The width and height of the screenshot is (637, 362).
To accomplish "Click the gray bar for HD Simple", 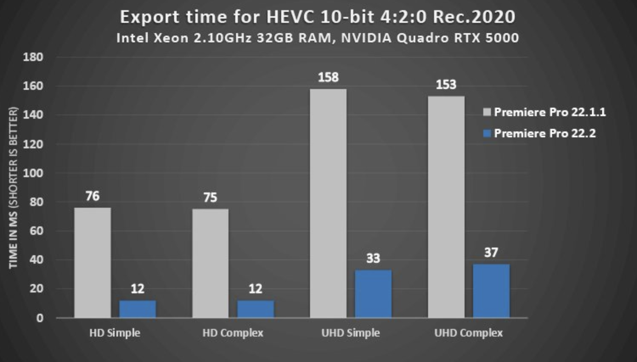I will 93,262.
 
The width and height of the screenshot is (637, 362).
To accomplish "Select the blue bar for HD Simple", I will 138,309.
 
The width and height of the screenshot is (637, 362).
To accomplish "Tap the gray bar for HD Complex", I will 210,263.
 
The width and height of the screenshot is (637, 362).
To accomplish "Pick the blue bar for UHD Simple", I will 373,294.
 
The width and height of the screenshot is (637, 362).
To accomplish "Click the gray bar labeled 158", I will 328,203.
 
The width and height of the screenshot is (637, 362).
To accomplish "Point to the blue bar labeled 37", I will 491,291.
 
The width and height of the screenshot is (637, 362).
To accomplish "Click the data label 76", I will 93,196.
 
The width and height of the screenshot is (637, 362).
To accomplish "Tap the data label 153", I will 446,85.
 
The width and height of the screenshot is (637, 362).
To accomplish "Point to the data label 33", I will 373,258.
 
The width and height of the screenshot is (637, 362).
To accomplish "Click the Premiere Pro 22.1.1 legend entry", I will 544,112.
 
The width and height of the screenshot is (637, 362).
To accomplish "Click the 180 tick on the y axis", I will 33,57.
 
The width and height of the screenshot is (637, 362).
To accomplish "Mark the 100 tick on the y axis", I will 33,173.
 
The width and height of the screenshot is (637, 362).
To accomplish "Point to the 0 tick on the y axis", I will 39,318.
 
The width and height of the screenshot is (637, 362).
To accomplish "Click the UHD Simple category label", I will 351,333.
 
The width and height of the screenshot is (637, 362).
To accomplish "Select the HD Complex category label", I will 233,333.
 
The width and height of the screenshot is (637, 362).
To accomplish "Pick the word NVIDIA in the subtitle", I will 366,38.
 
